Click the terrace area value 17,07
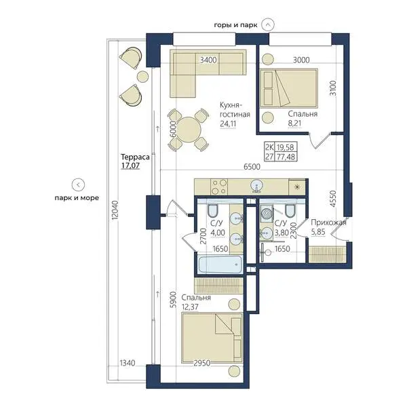130,166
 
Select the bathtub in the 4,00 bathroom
220,265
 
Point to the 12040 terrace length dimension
115,210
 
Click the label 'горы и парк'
235,25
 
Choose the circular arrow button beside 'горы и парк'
268,25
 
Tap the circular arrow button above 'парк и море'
79,185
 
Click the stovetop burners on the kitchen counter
219,187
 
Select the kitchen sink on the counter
256,186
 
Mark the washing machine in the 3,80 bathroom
267,214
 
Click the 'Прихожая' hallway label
328,222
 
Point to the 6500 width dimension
252,167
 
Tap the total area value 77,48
286,157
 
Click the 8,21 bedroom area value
294,123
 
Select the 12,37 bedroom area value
190,307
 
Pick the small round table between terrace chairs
142,77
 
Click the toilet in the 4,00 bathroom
212,210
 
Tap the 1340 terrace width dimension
128,363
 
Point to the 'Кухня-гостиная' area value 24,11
228,123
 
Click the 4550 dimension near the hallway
333,199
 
